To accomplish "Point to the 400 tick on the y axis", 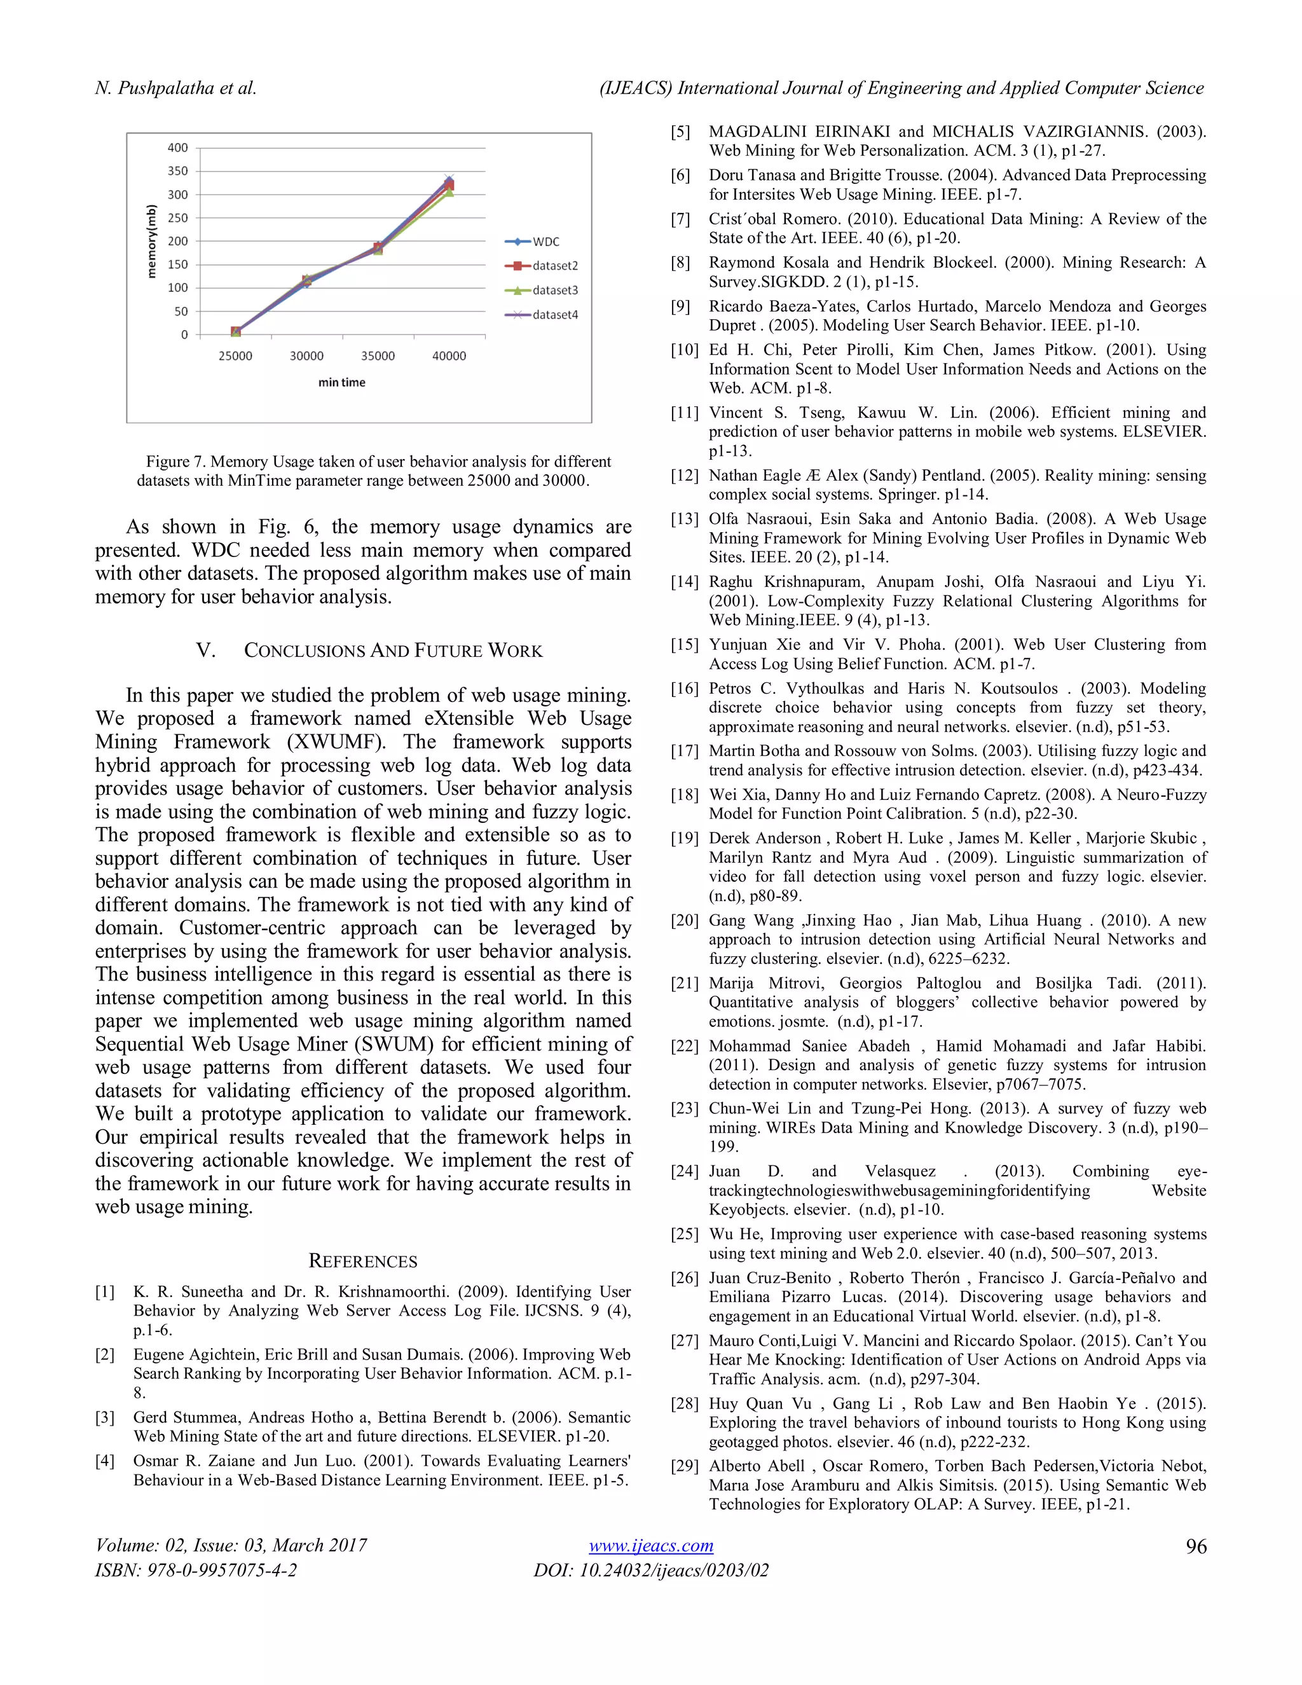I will click(178, 148).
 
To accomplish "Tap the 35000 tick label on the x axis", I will click(378, 355).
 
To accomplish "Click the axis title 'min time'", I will click(341, 382).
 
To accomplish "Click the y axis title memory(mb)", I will click(152, 241).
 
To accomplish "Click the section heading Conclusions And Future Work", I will click(393, 650).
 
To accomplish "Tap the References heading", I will click(362, 1261).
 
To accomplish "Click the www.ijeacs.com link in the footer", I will click(650, 1545).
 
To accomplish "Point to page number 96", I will click(1196, 1546).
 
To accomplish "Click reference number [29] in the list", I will click(683, 1466).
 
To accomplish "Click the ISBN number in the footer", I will click(196, 1570).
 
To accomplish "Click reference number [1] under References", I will click(105, 1291).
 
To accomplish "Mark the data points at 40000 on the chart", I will click(449, 185).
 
